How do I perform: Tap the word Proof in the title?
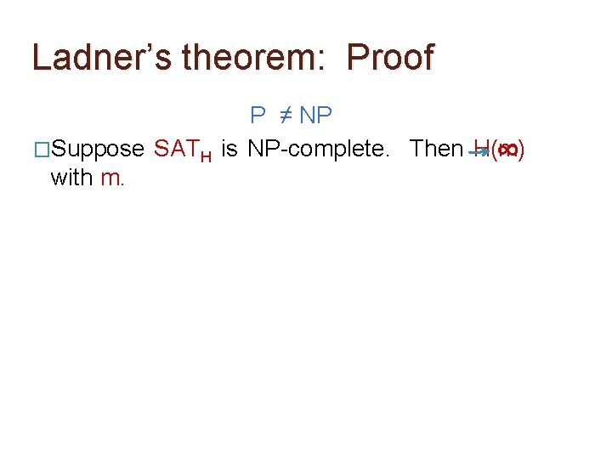(x=391, y=57)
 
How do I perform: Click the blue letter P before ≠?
(x=258, y=115)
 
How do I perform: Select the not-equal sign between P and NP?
(x=285, y=115)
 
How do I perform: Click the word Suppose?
(x=98, y=149)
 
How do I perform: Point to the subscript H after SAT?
(x=206, y=155)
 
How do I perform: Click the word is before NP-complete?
(x=229, y=149)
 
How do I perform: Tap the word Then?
(x=435, y=149)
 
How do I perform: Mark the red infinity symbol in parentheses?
(x=507, y=150)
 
